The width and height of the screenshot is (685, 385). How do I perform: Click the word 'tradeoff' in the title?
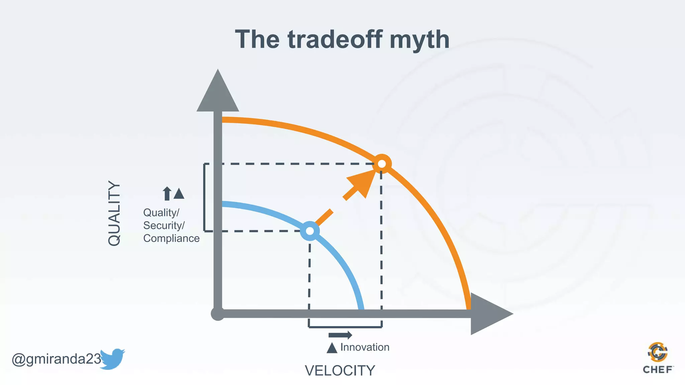[334, 39]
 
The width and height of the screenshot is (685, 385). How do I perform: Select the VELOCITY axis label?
[340, 371]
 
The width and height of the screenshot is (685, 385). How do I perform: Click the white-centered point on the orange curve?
[382, 164]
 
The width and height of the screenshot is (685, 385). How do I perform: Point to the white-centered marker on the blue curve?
[310, 231]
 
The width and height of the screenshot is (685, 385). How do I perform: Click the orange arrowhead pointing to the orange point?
[363, 182]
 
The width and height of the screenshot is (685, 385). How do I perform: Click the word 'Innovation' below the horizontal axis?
[365, 347]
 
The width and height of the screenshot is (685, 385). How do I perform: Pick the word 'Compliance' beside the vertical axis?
[171, 238]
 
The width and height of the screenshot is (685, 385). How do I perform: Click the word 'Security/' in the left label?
[164, 226]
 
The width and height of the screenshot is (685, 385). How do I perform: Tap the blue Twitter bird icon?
[112, 359]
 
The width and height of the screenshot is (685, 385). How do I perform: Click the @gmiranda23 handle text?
[56, 359]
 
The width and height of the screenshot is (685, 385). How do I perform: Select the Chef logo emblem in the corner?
[658, 352]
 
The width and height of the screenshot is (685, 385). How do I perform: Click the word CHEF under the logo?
[658, 370]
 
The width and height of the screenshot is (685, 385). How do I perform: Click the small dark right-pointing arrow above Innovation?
[340, 335]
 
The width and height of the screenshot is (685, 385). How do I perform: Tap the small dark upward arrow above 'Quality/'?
[167, 194]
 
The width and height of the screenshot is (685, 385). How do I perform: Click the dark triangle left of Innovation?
[332, 348]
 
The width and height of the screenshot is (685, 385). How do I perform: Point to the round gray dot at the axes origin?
[218, 313]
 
